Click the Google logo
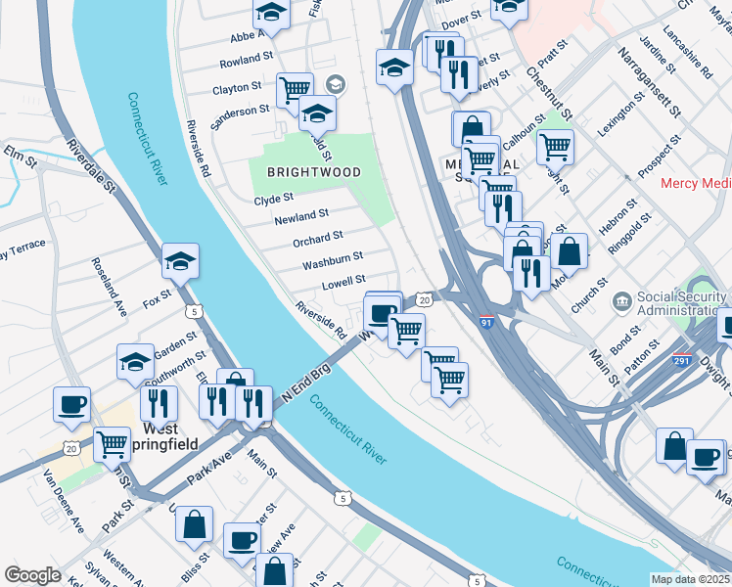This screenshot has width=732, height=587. [32, 575]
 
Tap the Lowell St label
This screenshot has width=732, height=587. [343, 282]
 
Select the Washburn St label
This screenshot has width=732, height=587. [333, 258]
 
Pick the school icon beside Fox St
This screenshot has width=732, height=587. [180, 262]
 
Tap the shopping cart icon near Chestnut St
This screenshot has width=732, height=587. [555, 148]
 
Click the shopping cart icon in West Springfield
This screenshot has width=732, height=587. [112, 444]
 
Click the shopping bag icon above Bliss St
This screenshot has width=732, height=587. [195, 524]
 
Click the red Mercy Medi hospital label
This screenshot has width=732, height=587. [694, 183]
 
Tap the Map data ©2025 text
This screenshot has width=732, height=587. [690, 579]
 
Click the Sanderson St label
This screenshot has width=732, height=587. [241, 111]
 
